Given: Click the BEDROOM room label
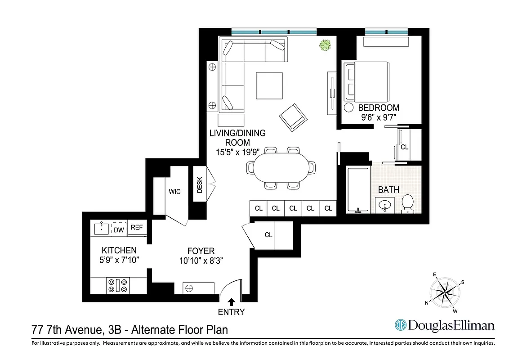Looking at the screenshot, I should click(x=379, y=108).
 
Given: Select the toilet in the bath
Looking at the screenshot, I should click(x=408, y=203).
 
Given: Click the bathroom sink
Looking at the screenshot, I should click(x=384, y=205).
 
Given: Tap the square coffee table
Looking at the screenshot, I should click(x=269, y=85).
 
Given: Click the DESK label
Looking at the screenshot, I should click(x=200, y=184).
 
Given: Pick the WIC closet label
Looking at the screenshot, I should click(x=174, y=192).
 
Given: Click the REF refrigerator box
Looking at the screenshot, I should click(x=137, y=228).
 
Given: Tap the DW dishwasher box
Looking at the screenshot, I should click(x=119, y=229).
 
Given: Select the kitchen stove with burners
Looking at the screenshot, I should click(x=118, y=286).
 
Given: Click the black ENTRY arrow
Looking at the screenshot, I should click(x=232, y=301).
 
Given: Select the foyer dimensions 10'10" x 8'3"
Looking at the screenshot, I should click(x=201, y=261).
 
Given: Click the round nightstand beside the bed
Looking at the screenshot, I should click(x=349, y=108).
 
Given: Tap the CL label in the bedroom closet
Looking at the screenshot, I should click(x=404, y=147).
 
